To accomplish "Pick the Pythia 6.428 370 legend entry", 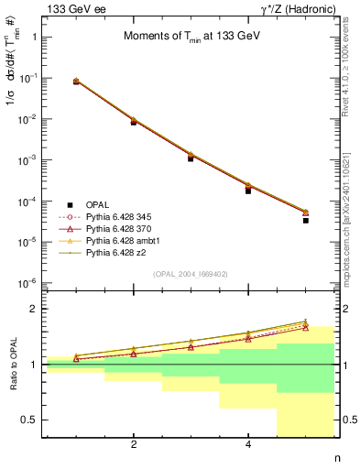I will [x=120, y=227].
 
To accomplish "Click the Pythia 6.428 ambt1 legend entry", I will [x=123, y=239].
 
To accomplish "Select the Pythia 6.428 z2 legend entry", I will [x=117, y=251].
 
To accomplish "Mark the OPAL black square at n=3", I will [x=191, y=158].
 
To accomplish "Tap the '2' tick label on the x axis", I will [x=134, y=446].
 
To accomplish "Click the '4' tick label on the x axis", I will [x=248, y=446].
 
